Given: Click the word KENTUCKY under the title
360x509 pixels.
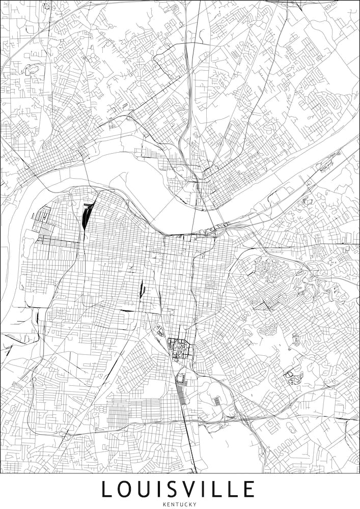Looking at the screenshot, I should pyautogui.click(x=180, y=504).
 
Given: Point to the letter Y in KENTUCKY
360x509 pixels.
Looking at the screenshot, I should pyautogui.click(x=195, y=504).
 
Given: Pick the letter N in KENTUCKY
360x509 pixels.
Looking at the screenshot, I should pyautogui.click(x=172, y=504).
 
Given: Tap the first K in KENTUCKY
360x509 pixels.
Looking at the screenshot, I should pyautogui.click(x=164, y=504).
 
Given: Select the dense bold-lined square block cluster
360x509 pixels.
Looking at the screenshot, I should pyautogui.click(x=178, y=349).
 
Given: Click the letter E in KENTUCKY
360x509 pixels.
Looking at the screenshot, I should pyautogui.click(x=168, y=504).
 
